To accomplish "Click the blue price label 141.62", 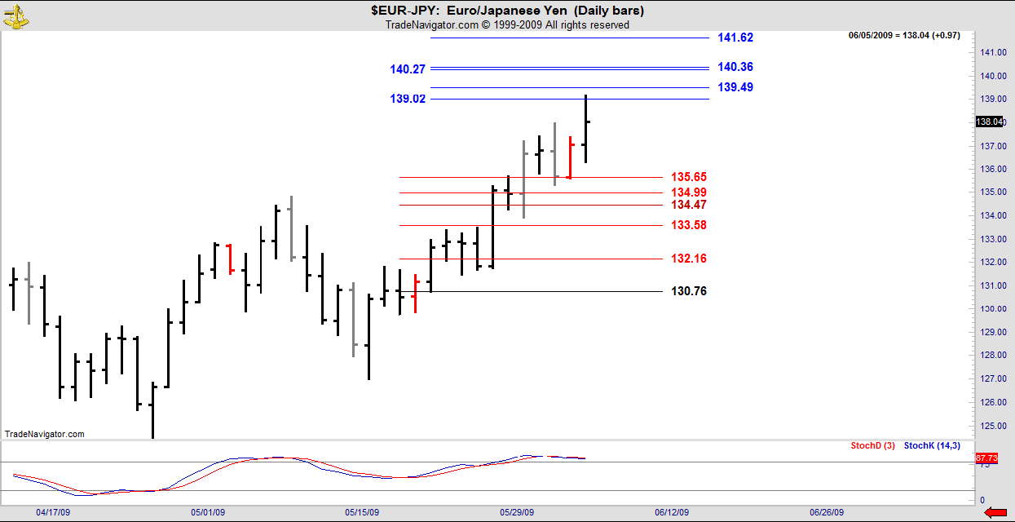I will point(735,38).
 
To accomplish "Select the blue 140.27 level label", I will point(408,69).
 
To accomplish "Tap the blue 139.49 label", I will point(735,87).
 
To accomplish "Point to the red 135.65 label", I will point(689,177).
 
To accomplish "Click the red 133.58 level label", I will point(689,225).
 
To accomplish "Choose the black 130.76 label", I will point(689,291).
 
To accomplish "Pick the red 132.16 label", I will point(689,259).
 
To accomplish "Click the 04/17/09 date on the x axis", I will point(51,512).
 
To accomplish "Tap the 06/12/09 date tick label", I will point(672,512).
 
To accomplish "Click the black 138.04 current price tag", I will point(989,122).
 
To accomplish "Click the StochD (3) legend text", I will point(872,445).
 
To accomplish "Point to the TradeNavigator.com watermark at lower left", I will point(45,434).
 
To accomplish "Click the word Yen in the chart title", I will point(558,11).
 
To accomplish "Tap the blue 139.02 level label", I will point(408,99).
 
